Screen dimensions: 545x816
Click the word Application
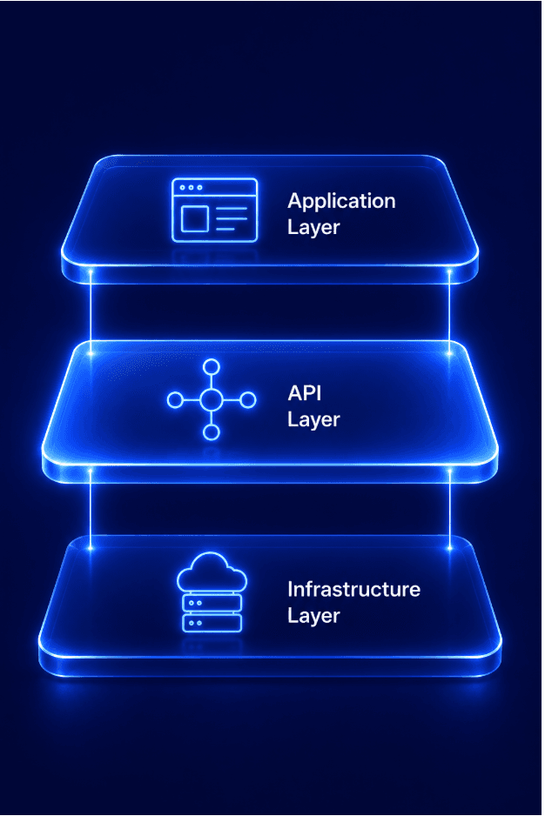(341, 203)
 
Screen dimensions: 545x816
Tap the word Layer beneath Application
(313, 228)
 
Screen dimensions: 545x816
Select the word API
(305, 393)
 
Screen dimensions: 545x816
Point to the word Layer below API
(313, 420)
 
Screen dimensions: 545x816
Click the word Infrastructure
(353, 590)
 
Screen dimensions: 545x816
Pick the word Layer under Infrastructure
(313, 616)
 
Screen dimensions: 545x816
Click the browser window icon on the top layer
(215, 211)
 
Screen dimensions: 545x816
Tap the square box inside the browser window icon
(195, 219)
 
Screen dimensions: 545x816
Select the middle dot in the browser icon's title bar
(191, 187)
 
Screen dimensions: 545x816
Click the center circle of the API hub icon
(211, 399)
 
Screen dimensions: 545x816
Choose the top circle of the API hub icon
(211, 367)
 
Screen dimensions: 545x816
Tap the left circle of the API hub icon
(175, 400)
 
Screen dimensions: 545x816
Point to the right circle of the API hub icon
(248, 400)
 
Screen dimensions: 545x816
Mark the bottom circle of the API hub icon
(211, 432)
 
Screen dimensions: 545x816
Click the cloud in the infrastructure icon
(212, 572)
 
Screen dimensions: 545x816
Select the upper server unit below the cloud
(212, 603)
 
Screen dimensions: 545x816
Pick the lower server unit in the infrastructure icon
(212, 623)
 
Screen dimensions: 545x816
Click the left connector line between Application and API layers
(91, 312)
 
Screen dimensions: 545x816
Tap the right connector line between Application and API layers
(449, 312)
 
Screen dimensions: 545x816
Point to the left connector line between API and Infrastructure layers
(91, 510)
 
